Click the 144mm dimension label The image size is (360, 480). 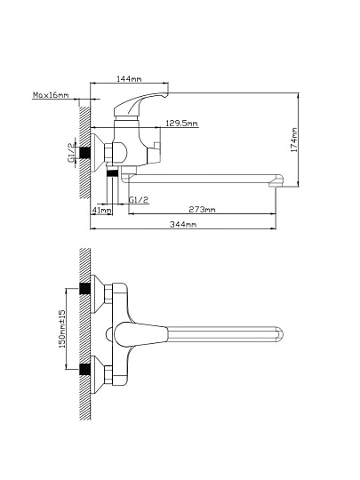pyautogui.click(x=129, y=79)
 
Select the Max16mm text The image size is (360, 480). pyautogui.click(x=51, y=95)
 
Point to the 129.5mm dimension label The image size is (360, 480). pyautogui.click(x=181, y=124)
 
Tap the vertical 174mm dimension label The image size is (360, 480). pyautogui.click(x=294, y=140)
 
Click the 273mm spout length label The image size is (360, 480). pyautogui.click(x=202, y=210)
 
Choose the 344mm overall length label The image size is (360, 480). pyautogui.click(x=183, y=224)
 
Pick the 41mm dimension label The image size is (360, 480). pyautogui.click(x=101, y=210)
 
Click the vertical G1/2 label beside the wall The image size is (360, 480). pyautogui.click(x=71, y=153)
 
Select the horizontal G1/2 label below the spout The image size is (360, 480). pyautogui.click(x=139, y=200)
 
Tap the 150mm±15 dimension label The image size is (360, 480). pyautogui.click(x=62, y=329)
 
